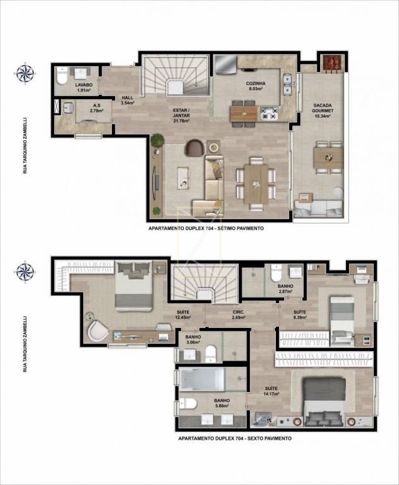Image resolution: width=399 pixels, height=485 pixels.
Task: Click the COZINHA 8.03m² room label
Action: [x=256, y=86]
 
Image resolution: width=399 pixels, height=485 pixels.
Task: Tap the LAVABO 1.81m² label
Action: [x=83, y=87]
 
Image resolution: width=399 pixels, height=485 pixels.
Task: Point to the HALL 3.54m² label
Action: [x=128, y=100]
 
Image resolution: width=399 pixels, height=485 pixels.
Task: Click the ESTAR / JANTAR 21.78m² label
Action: [x=181, y=116]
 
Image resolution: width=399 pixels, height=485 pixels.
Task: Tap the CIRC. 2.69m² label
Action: [x=239, y=314]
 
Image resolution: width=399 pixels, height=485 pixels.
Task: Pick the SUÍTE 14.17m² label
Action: [x=271, y=391]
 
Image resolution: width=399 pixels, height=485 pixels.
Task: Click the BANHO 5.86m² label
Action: [x=222, y=403]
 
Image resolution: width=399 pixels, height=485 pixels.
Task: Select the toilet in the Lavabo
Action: [x=62, y=76]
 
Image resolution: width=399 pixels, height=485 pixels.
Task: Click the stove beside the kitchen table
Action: [x=269, y=114]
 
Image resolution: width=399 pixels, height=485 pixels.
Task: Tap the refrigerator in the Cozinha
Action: [x=226, y=65]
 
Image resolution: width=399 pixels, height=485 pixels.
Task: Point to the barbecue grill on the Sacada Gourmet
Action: [x=332, y=63]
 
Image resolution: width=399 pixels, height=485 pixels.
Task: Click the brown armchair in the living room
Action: [x=194, y=148]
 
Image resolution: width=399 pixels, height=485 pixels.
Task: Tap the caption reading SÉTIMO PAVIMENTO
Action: [x=242, y=228]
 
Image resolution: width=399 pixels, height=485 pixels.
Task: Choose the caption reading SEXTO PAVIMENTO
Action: [x=269, y=438]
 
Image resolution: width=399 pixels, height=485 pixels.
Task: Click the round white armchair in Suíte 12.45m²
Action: [x=97, y=330]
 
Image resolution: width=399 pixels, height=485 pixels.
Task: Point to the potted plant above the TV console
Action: [x=157, y=140]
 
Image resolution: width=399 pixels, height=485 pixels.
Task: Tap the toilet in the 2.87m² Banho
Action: [x=276, y=273]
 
